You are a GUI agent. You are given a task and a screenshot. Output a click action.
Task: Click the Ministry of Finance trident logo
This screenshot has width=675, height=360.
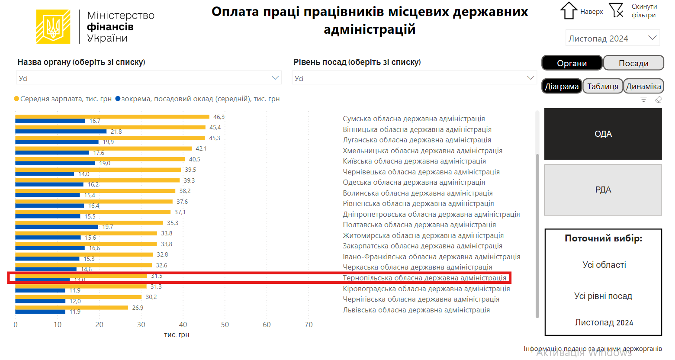point(53,27)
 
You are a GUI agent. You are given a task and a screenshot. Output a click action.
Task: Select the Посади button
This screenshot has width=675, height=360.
point(633,63)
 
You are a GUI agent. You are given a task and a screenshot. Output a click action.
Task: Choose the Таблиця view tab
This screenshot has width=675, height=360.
point(602,86)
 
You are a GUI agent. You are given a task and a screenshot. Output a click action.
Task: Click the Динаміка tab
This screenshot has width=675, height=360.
point(643,86)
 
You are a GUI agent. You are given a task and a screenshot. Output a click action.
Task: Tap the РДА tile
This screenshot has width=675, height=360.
point(603,190)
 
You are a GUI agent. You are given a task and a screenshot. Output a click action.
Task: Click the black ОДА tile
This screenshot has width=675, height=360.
point(603,134)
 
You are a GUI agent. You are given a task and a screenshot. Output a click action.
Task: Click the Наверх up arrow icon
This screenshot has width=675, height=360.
point(569,11)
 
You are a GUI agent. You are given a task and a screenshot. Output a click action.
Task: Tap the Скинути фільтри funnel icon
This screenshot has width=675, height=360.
point(616,10)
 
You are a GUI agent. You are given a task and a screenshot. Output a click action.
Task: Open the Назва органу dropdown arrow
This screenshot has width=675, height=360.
point(275,78)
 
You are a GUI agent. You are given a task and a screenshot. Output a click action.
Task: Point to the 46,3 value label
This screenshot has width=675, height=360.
point(219,117)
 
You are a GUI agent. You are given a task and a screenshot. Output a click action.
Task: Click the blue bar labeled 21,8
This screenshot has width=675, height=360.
point(61,132)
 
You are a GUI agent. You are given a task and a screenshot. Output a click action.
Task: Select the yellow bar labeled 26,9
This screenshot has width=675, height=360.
point(71,308)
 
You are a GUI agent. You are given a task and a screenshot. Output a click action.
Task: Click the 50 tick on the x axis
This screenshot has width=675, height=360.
point(225,325)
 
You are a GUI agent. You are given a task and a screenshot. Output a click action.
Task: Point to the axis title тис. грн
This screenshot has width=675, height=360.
point(177,335)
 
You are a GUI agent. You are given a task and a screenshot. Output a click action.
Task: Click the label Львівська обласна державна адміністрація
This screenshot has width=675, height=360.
point(416,310)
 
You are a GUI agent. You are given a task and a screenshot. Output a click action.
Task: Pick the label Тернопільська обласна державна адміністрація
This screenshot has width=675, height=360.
point(424,278)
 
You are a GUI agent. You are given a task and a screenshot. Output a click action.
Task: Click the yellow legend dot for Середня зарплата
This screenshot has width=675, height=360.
point(16,99)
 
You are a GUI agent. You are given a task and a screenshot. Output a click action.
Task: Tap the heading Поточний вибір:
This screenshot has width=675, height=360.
point(603,238)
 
